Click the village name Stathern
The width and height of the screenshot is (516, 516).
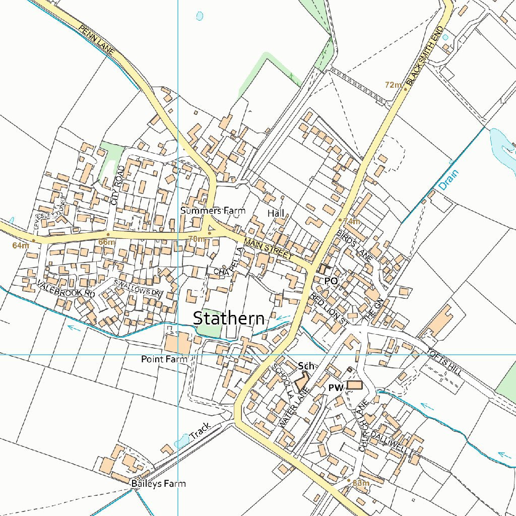coord(229,318)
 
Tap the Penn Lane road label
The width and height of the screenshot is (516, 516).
coord(97,39)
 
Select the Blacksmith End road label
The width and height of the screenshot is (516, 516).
coord(428,56)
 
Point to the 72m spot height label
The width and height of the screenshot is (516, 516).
coord(393,85)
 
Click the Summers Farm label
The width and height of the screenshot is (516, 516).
coord(213,210)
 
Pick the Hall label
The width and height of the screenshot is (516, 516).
coord(276,214)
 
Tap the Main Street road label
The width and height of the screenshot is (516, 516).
coord(268,249)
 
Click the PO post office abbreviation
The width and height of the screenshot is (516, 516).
coord(331,280)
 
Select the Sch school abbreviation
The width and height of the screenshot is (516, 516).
coord(306,365)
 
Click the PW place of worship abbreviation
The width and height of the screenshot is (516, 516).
coord(336,388)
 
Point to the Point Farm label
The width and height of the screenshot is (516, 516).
coord(164,359)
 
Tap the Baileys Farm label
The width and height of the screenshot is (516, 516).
coord(158,484)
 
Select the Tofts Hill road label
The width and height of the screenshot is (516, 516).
coord(443,361)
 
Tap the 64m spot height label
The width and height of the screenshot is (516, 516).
coord(21,245)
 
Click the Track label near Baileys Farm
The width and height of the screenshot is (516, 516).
coord(201,431)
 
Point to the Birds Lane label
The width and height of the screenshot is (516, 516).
coord(355,245)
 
